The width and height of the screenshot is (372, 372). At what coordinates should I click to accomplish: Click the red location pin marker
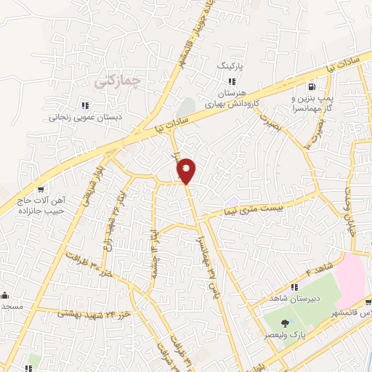click(x=187, y=171)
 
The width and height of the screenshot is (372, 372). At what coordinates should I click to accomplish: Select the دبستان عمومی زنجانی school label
click(x=84, y=116)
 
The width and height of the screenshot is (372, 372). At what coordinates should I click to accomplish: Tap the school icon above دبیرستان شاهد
click(x=295, y=287)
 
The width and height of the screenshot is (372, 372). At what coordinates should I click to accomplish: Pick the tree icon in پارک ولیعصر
click(x=284, y=323)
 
